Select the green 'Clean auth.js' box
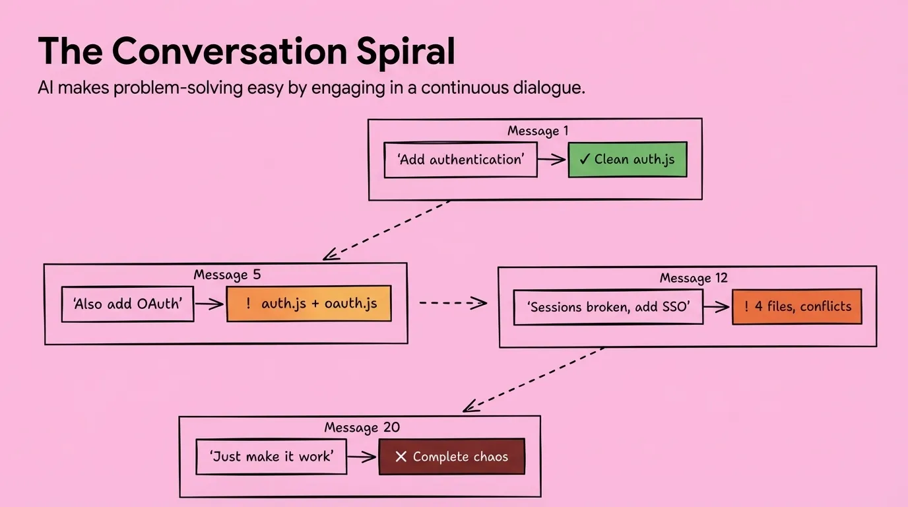628,160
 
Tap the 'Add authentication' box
461,160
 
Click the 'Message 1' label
538,131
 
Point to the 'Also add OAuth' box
127,304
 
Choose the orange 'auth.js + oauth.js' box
309,304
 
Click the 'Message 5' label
228,275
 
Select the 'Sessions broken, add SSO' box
608,307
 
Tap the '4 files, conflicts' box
797,306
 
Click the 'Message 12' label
694,278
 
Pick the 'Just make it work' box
271,456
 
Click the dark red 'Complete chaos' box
452,457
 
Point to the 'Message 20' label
362,427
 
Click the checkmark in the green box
585,160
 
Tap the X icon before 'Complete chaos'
400,457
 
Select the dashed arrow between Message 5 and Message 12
453,303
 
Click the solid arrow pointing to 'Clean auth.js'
552,160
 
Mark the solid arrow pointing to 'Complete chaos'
362,456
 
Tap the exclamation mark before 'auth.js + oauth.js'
248,304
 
